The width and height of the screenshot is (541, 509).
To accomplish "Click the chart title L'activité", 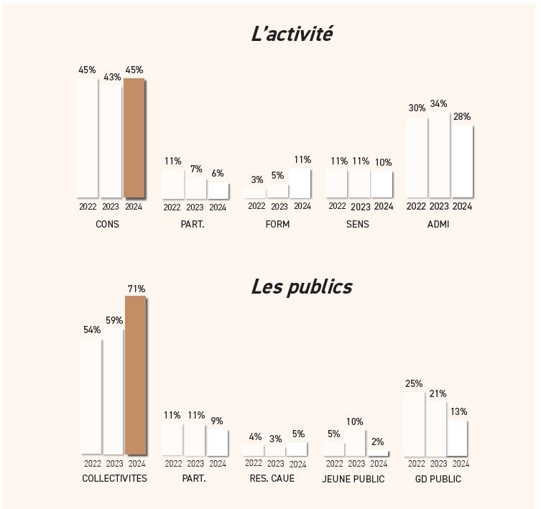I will [x=292, y=34].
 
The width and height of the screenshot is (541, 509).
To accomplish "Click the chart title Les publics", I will [x=301, y=286].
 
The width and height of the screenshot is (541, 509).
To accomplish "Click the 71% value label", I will [x=137, y=289].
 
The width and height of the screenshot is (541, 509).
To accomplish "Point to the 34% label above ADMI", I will [x=438, y=104].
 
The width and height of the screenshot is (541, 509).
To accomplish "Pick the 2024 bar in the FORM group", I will [x=302, y=184].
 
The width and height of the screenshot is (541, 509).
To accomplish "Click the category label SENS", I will [x=357, y=224].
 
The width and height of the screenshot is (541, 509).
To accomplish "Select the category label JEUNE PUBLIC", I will [x=354, y=479].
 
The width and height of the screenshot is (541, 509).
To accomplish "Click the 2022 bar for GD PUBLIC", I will [x=414, y=424].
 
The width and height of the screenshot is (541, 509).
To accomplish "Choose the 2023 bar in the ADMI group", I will [x=438, y=154].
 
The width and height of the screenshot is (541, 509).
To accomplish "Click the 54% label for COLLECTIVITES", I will [x=92, y=330].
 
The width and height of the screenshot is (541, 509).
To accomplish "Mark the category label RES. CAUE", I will [x=272, y=479].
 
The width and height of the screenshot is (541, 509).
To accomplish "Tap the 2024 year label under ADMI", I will [x=462, y=207].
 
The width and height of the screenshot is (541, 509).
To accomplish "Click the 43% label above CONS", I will [x=112, y=77].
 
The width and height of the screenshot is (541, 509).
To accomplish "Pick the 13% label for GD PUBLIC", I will [x=459, y=411].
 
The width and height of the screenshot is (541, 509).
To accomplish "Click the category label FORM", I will [x=277, y=224].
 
